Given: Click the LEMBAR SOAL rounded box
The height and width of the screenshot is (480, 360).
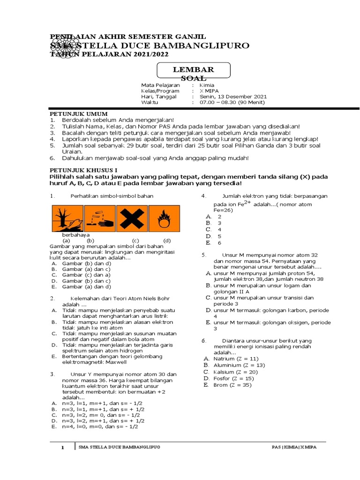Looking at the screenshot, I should tap(194, 72).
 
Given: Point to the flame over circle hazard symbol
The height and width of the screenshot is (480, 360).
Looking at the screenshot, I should tap(163, 217).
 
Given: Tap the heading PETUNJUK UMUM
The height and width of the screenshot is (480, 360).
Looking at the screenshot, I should tap(79, 114).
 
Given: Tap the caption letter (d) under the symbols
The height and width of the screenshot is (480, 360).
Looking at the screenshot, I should tap(167, 240).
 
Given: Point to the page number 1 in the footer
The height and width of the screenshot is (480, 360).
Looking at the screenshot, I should tap(62, 448).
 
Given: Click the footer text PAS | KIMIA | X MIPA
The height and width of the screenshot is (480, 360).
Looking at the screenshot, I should tap(294, 448).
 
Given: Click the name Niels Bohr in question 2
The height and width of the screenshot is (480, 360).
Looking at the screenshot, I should tap(154, 298).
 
